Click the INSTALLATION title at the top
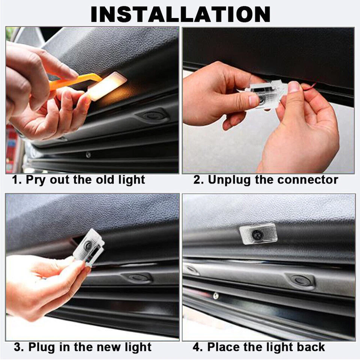(180, 14)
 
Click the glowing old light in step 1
(107, 86)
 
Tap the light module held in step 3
(89, 247)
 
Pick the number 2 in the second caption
(197, 180)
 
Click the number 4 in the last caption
(196, 347)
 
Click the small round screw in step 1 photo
(88, 154)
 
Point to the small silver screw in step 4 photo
(216, 295)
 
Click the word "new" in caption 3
(106, 347)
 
